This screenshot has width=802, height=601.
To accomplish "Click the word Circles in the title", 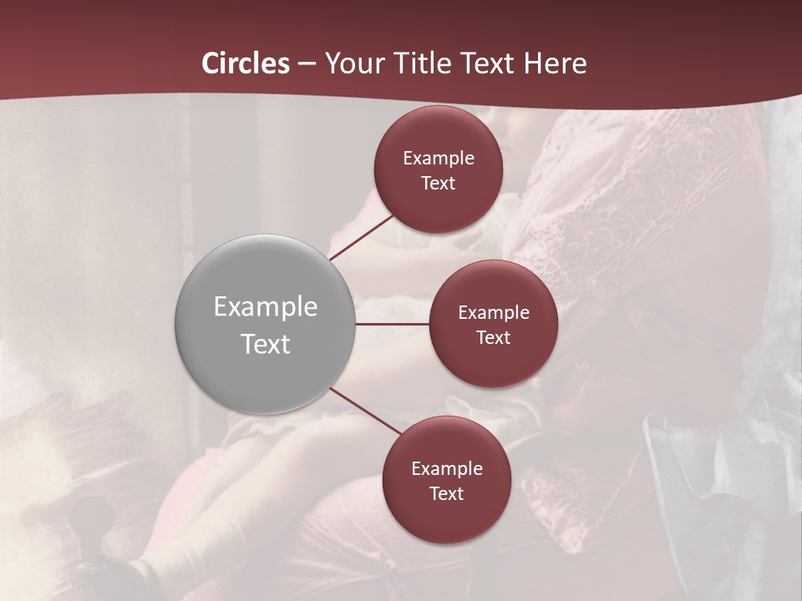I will coord(246,63).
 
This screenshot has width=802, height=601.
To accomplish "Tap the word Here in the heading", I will coord(555,63).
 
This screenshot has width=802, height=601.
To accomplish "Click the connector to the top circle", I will coord(361,238).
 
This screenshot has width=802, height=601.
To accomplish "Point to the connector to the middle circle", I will coord(393,324).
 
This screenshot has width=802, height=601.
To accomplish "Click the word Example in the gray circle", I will coord(265,307).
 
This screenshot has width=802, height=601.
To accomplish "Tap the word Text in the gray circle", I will coord(265,344).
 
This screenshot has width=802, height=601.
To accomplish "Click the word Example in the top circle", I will coord(439,159).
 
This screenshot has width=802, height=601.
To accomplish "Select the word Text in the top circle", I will coord(439,184).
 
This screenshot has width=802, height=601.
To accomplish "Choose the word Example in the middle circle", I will coord(494,313).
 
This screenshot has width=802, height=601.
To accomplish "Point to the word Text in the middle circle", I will coord(494,338).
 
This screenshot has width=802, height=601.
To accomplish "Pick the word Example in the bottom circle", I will coord(446,469).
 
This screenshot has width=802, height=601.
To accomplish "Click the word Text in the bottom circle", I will coord(446,494).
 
